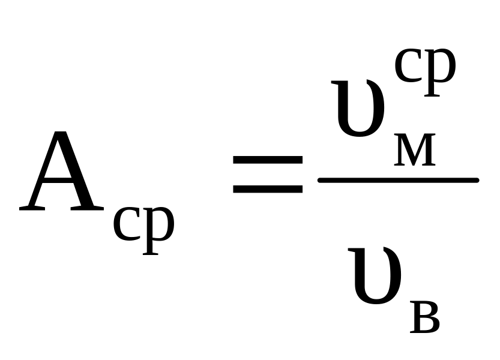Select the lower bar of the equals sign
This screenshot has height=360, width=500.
click(268, 188)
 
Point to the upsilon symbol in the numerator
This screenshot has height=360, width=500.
click(360, 111)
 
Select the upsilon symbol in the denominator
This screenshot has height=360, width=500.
click(376, 279)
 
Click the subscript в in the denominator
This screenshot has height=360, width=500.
click(425, 319)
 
